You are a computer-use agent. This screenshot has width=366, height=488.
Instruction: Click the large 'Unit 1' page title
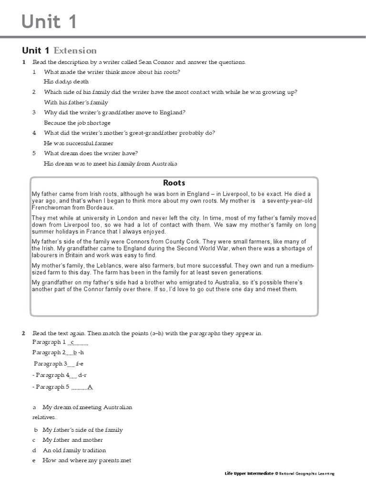pyautogui.click(x=49, y=22)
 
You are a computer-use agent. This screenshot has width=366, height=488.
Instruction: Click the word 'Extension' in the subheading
pyautogui.click(x=75, y=51)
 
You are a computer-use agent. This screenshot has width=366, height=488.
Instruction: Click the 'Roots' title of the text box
pyautogui.click(x=174, y=183)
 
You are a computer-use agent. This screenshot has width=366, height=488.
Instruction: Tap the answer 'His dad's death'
pyautogui.click(x=66, y=82)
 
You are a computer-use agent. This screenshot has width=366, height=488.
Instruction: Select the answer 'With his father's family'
pyautogui.click(x=76, y=102)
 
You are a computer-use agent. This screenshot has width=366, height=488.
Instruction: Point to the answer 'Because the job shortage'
pyautogui.click(x=77, y=123)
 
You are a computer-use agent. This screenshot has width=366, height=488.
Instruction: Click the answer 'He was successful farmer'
pyautogui.click(x=79, y=143)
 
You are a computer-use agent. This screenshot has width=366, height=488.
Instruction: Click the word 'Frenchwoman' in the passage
pyautogui.click(x=52, y=208)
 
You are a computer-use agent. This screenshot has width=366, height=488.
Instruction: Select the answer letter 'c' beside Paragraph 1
pyautogui.click(x=71, y=343)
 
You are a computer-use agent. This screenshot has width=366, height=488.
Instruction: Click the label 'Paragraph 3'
pyautogui.click(x=50, y=364)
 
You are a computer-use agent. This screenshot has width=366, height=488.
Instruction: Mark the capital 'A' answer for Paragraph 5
pyautogui.click(x=90, y=387)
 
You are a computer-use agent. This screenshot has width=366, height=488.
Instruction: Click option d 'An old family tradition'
pyautogui.click(x=74, y=450)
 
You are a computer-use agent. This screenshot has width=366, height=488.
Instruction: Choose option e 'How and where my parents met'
pyautogui.click(x=86, y=460)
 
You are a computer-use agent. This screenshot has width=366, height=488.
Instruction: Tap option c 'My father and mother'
pyautogui.click(x=72, y=440)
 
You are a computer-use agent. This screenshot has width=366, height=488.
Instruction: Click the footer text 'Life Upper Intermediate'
pyautogui.click(x=249, y=473)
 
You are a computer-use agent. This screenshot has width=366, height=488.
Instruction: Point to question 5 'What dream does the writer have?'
pyautogui.click(x=91, y=153)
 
